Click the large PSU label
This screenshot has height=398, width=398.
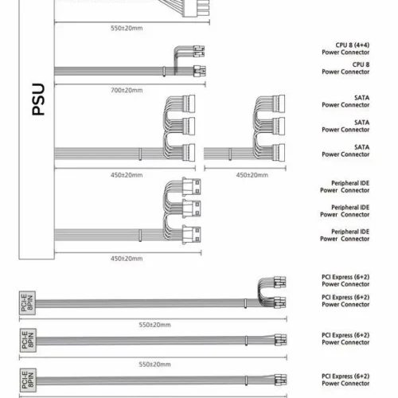[x=38, y=99]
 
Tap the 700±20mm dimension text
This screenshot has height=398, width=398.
[x=127, y=90]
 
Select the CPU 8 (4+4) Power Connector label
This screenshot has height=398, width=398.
[x=345, y=49]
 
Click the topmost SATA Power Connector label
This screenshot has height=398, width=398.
[x=345, y=101]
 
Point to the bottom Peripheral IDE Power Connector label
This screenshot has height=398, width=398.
[x=345, y=235]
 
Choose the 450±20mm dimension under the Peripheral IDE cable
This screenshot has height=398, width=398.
[x=127, y=259]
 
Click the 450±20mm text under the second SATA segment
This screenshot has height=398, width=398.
[x=252, y=175]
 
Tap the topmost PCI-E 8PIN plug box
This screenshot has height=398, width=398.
[x=27, y=303]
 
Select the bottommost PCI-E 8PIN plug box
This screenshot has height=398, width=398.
[x=28, y=380]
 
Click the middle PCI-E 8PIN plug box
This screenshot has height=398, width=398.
[x=28, y=341]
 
